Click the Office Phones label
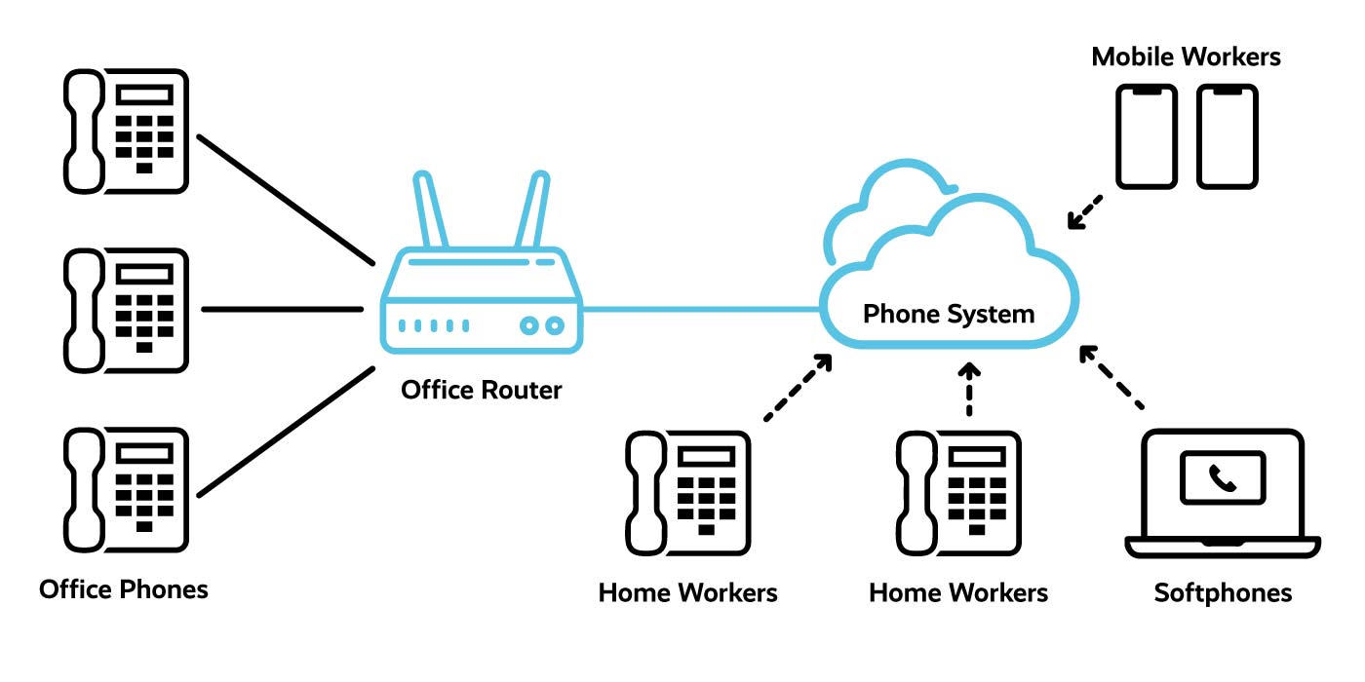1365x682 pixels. point(124,589)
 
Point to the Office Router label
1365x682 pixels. point(482,391)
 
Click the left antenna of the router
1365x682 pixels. point(431,209)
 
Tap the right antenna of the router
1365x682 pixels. point(531,209)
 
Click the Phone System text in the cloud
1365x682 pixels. point(949,314)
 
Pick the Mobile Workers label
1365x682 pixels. point(1186,57)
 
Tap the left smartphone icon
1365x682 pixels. point(1147,135)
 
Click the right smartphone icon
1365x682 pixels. point(1227,135)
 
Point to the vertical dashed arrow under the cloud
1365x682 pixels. point(968,390)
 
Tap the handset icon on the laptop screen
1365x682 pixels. point(1222,477)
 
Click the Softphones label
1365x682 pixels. point(1223,592)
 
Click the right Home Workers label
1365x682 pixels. point(958,592)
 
